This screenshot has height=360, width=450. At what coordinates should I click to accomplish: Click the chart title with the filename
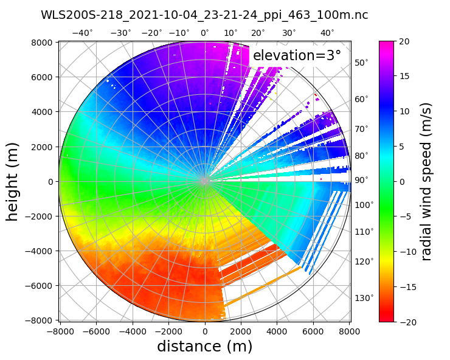[x=204, y=15]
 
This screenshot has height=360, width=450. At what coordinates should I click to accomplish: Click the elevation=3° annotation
[x=297, y=56]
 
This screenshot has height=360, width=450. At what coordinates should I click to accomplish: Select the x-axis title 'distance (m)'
[x=204, y=347]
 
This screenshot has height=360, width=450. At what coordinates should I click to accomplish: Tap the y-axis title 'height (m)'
[x=13, y=181]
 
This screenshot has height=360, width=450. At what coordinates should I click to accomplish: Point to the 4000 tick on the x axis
[x=277, y=331]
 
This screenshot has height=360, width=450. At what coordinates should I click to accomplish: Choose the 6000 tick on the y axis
[x=43, y=77]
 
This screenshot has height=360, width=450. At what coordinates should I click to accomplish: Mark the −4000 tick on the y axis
[x=40, y=251]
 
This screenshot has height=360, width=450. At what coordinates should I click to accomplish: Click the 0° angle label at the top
[x=205, y=33]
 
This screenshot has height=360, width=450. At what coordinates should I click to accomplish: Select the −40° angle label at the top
[x=83, y=33]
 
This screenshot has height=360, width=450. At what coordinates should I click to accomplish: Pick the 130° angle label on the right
[x=364, y=297]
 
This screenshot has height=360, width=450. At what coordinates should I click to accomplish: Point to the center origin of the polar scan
[x=205, y=181]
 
